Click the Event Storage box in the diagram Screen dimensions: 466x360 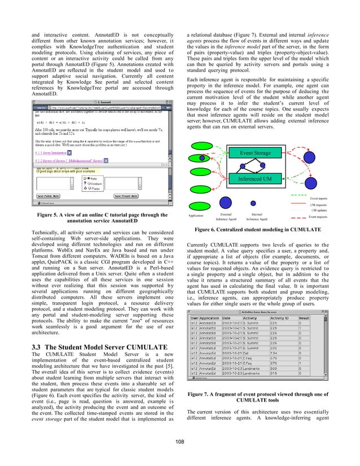(263, 152)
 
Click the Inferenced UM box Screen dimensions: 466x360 (263, 179)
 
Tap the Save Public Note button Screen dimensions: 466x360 (55, 196)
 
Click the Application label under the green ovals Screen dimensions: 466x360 (196, 216)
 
